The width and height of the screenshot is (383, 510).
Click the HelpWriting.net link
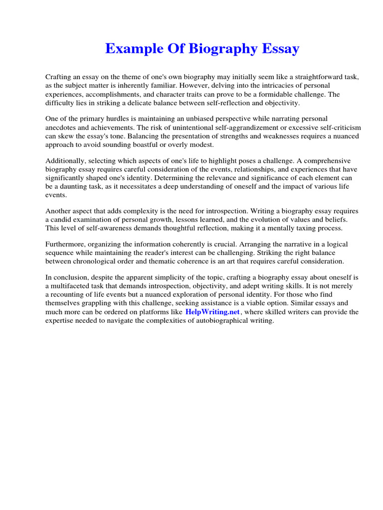213,312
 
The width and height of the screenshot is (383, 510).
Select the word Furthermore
65,245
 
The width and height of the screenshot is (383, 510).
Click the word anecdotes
62,127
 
